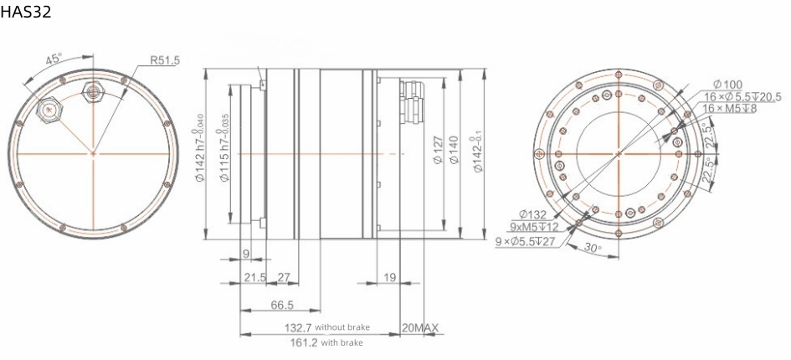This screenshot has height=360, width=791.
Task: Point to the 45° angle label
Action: [53, 59]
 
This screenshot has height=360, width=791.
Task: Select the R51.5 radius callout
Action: [166, 60]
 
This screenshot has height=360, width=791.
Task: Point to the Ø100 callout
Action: [728, 84]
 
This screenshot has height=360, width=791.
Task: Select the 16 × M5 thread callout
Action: [730, 109]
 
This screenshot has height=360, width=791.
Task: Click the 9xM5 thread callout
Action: [533, 227]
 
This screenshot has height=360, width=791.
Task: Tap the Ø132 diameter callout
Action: [533, 214]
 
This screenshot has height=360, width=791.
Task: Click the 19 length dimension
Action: [388, 276]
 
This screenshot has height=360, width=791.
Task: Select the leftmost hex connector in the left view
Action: [49, 109]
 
